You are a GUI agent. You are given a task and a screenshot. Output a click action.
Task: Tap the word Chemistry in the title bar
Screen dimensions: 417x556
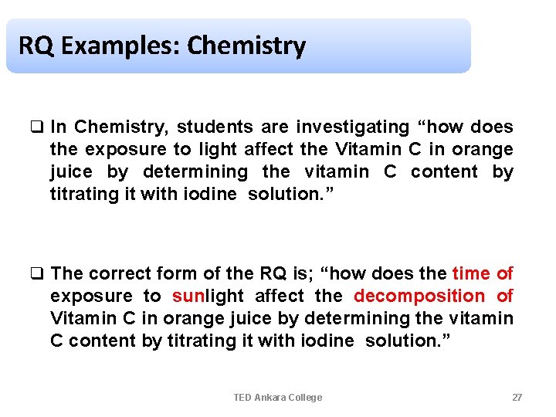click(x=246, y=46)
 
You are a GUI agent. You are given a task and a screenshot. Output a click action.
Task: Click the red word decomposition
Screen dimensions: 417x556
click(x=419, y=296)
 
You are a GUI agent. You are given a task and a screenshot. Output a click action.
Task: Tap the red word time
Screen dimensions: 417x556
click(x=470, y=273)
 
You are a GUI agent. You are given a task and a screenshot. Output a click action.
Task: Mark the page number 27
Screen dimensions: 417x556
click(x=517, y=397)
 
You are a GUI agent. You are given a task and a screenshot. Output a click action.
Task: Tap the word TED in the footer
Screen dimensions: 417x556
click(x=243, y=397)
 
